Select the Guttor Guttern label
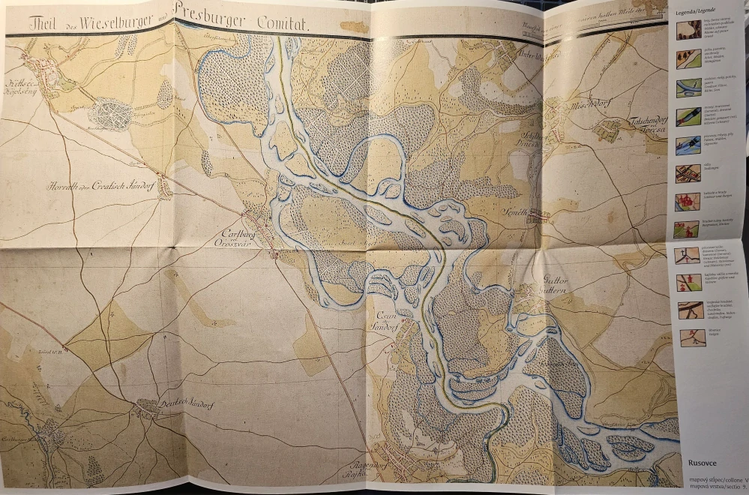click(x=558, y=289)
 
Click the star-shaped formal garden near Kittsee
click(x=111, y=115)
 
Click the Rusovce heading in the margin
click(x=700, y=463)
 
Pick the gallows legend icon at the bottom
click(x=692, y=337)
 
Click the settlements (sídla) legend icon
click(x=687, y=173)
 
